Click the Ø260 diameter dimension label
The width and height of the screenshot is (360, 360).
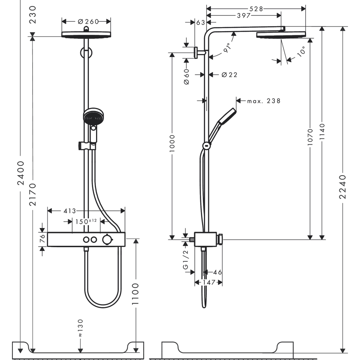point(86,21)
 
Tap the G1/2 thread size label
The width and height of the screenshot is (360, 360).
point(186,260)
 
